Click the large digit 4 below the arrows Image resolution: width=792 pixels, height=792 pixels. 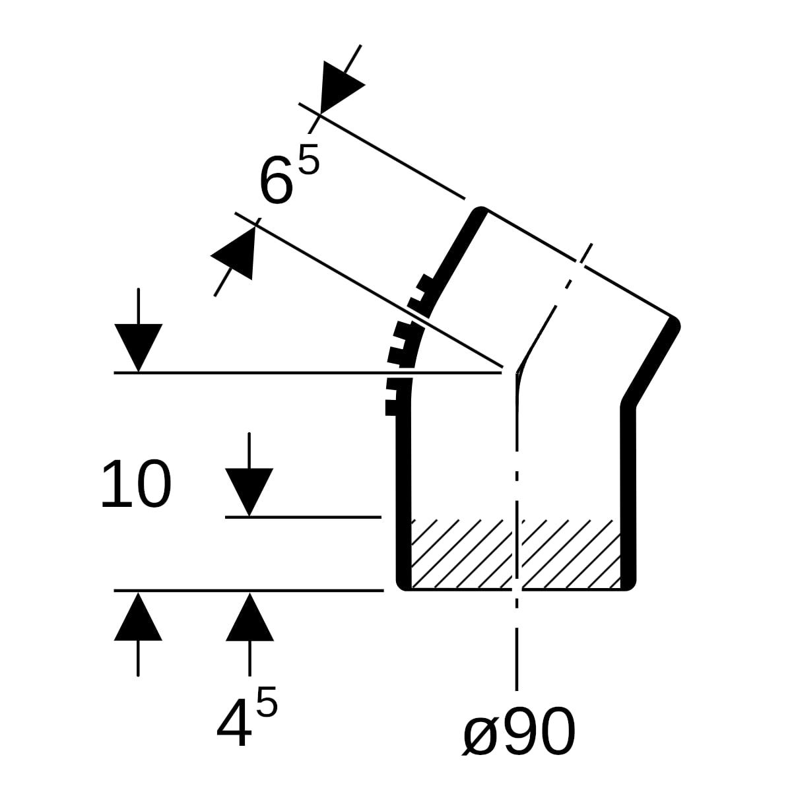pos(234,722)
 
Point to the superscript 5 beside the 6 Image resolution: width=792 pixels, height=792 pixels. pos(309,158)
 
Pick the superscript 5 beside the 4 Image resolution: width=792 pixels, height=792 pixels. pos(267,701)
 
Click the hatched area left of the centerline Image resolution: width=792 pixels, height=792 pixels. pos(461,554)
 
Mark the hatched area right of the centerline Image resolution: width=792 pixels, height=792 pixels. pos(571,554)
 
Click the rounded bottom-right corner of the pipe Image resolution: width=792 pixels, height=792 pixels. pos(629,583)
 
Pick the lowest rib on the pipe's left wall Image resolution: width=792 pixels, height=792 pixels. pos(392,408)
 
